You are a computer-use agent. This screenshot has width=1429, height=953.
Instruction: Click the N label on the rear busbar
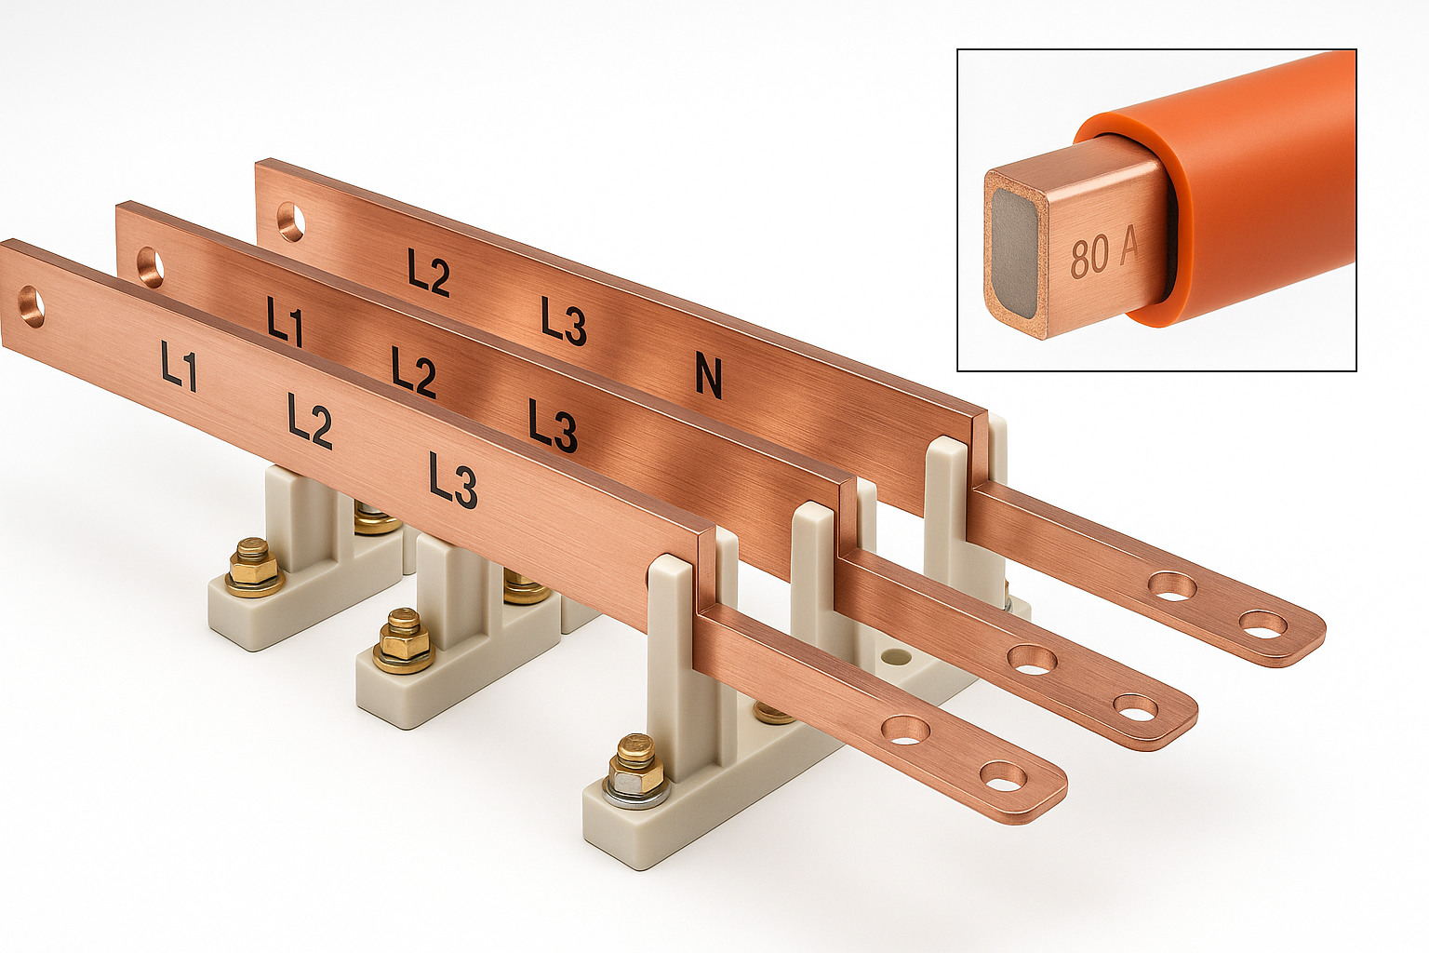pyautogui.click(x=709, y=379)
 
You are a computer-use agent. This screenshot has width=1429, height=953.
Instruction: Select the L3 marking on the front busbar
pyautogui.click(x=452, y=481)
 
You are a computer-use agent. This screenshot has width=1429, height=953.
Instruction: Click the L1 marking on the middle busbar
pyautogui.click(x=286, y=322)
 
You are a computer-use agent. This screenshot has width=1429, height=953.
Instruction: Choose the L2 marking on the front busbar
pyautogui.click(x=310, y=421)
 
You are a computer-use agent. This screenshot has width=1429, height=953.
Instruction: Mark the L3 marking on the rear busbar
pyautogui.click(x=564, y=321)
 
